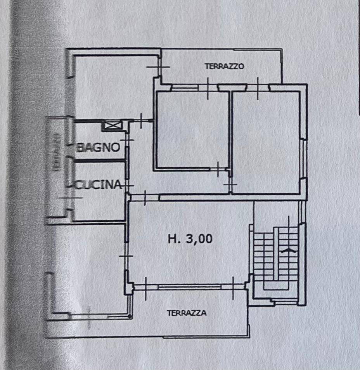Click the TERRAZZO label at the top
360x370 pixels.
pos(225,66)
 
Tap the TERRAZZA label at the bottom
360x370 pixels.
pos(187,313)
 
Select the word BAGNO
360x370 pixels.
pos(98,148)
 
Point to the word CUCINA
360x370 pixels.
pos(99,185)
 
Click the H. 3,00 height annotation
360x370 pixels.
pos(190,239)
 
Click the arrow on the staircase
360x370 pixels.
pos(288,251)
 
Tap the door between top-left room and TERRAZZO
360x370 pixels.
pos(159,66)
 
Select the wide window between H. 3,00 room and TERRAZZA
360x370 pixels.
pos(189,287)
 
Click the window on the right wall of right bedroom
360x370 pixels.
pos(304,160)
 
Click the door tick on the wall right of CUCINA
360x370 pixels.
pos(127,186)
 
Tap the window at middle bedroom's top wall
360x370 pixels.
pos(185,88)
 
